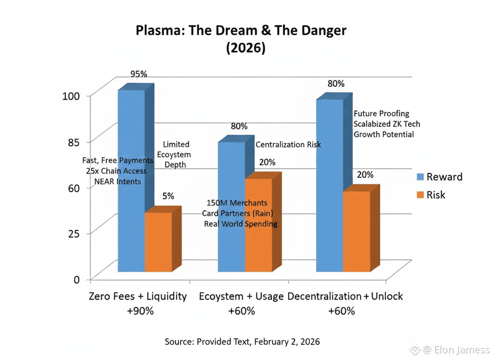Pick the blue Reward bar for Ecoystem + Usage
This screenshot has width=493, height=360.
[x=232, y=175]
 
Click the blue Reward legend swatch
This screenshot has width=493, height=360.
[x=421, y=177]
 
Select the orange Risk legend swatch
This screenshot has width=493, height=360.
[x=421, y=195]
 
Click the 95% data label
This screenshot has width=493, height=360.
[x=139, y=74]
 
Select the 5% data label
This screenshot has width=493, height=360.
[x=168, y=196]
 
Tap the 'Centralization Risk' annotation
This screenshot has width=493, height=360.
[x=288, y=145]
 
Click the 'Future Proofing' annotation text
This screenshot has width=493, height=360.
[x=381, y=113]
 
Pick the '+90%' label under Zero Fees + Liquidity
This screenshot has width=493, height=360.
[x=138, y=311]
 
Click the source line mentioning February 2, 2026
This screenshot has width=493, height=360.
[x=242, y=342]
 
